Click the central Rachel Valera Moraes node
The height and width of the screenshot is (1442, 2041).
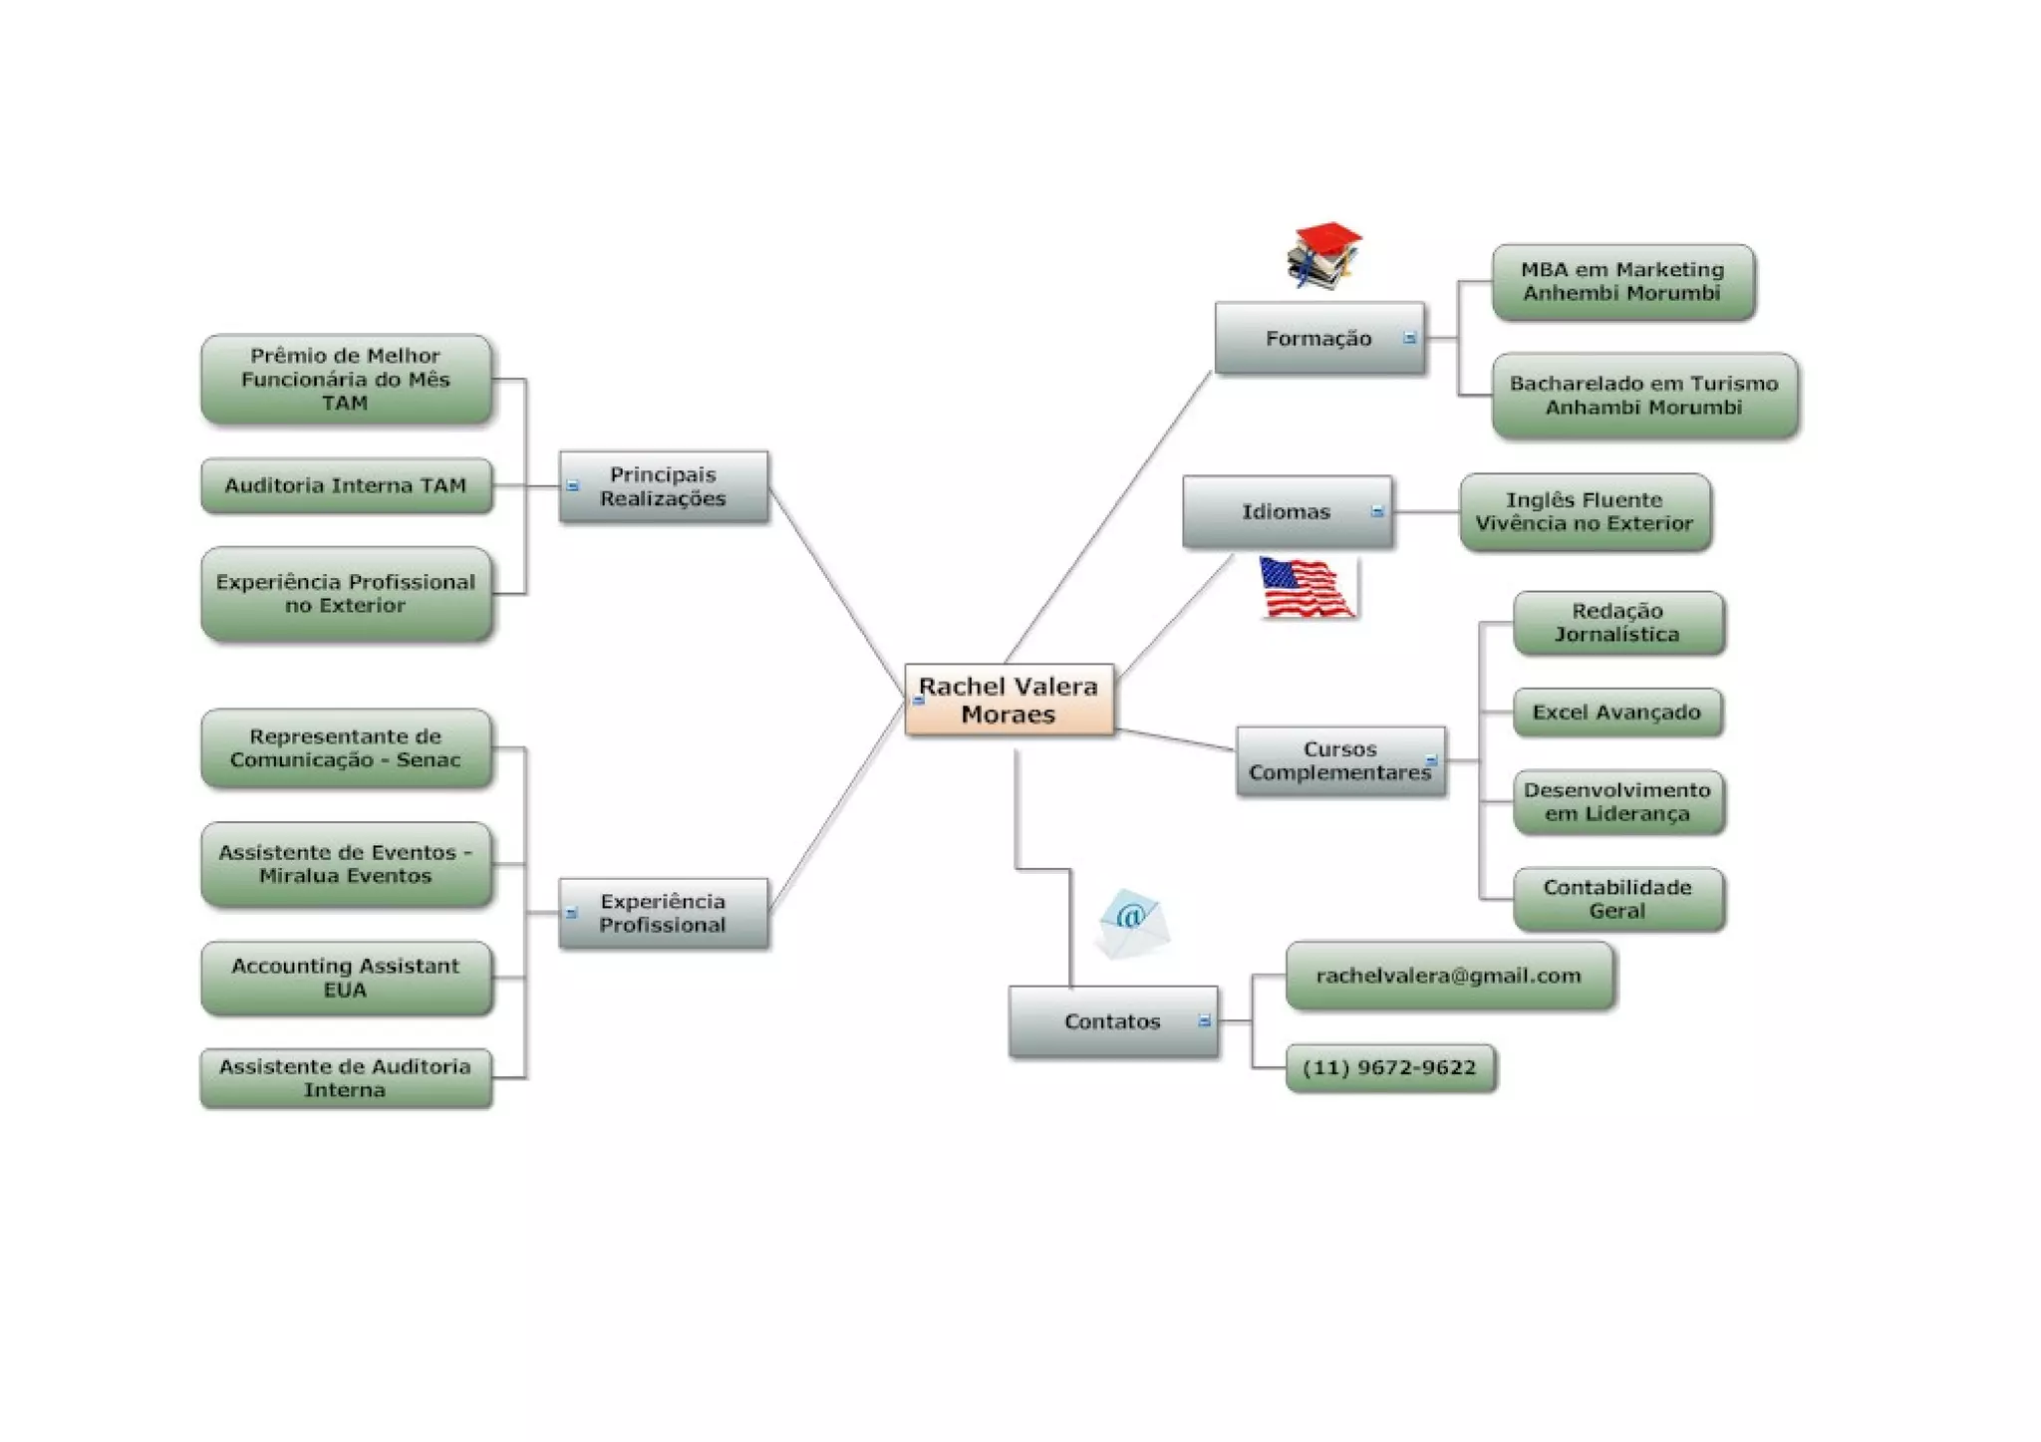1009,700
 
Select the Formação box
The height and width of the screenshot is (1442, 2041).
1318,339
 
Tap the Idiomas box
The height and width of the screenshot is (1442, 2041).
1286,511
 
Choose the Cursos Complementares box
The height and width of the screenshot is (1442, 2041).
1339,760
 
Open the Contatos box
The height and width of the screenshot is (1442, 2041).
1112,1021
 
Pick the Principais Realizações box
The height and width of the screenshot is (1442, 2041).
663,486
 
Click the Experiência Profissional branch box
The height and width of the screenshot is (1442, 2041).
663,913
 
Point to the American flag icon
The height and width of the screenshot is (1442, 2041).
1306,586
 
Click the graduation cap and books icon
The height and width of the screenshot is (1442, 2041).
1323,255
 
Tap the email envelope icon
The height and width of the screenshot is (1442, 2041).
1131,923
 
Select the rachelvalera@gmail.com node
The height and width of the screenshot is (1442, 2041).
1448,976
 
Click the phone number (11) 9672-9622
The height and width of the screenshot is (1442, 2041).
1389,1067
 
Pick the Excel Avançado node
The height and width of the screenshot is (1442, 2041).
1616,713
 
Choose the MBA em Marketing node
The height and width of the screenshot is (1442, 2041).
1622,281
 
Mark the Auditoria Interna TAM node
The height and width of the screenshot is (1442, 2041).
346,485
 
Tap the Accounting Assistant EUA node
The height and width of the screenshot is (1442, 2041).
346,978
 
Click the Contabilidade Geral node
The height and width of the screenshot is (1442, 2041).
1617,899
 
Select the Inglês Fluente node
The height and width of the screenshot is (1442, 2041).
1585,511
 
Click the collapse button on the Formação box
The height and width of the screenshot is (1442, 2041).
1409,339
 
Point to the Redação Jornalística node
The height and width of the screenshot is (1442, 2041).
1617,623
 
